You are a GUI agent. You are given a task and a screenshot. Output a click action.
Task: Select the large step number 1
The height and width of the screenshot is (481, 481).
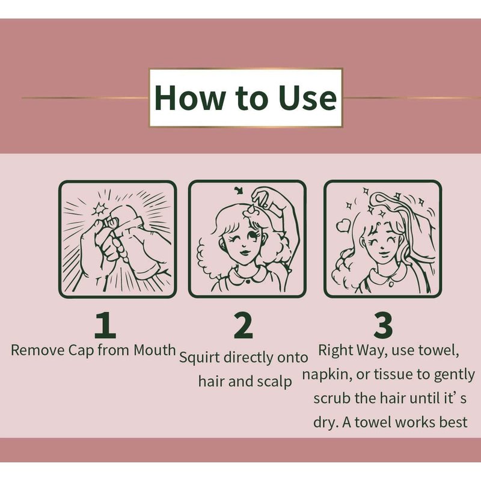pyautogui.click(x=105, y=325)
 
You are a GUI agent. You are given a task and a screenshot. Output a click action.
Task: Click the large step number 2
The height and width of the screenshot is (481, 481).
pyautogui.click(x=244, y=325)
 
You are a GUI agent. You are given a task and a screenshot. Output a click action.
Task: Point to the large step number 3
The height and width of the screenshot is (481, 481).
pyautogui.click(x=383, y=325)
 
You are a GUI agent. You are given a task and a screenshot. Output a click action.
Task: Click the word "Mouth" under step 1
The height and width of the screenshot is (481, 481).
pyautogui.click(x=155, y=350)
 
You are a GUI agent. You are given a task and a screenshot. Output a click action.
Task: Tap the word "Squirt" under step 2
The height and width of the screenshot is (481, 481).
pyautogui.click(x=199, y=358)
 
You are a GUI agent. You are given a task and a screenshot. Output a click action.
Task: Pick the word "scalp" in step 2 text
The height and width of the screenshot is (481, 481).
pyautogui.click(x=275, y=382)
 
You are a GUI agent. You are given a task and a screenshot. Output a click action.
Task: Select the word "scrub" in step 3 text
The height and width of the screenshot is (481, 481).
pyautogui.click(x=332, y=398)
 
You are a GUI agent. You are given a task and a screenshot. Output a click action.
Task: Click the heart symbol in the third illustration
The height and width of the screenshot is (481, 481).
pyautogui.click(x=343, y=226)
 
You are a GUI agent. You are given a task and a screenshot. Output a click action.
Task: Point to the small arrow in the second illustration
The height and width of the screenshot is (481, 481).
pyautogui.click(x=239, y=191)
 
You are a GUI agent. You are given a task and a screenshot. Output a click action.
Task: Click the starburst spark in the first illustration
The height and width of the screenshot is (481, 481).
pyautogui.click(x=100, y=209)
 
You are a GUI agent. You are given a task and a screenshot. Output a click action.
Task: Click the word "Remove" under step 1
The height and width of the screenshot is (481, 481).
pyautogui.click(x=38, y=350)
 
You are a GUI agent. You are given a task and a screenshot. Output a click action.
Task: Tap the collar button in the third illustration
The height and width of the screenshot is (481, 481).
pyautogui.click(x=391, y=284)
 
